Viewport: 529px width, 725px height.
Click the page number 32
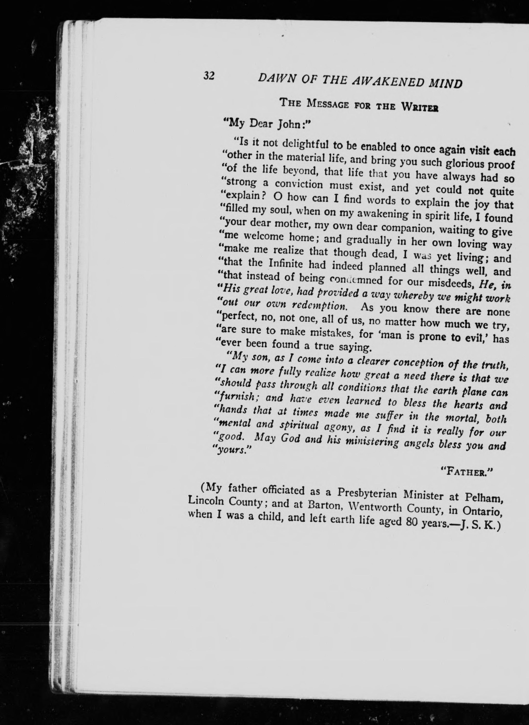(x=209, y=76)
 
